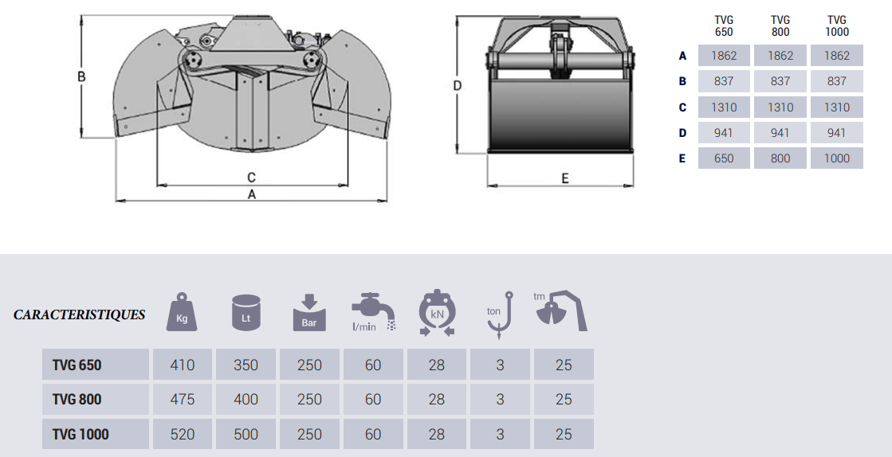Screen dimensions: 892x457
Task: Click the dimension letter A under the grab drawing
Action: [x=251, y=194]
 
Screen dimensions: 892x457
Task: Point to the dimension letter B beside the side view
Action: [x=81, y=76]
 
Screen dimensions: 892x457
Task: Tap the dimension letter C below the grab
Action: [x=251, y=178]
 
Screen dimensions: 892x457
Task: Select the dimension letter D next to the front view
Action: [x=458, y=86]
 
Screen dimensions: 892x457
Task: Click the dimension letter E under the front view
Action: [x=565, y=178]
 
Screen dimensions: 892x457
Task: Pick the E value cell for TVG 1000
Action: [x=837, y=158]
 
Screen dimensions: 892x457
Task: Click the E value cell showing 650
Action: [x=724, y=158]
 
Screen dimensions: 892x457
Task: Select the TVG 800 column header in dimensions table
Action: [x=780, y=26]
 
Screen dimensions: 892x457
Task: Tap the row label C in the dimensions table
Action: [x=682, y=107]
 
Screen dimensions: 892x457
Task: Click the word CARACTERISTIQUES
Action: [x=80, y=314]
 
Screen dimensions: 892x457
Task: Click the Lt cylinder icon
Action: [x=246, y=312]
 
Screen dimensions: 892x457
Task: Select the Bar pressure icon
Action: [x=309, y=313]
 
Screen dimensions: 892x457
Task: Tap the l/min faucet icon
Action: [x=372, y=312]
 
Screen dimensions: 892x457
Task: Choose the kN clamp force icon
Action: [x=437, y=313]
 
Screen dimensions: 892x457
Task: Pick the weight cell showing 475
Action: [x=182, y=400]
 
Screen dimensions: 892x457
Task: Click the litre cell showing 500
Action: [x=246, y=434]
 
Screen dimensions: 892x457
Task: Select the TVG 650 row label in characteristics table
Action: [x=77, y=365]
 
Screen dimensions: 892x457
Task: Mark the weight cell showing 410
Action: [x=182, y=365]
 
